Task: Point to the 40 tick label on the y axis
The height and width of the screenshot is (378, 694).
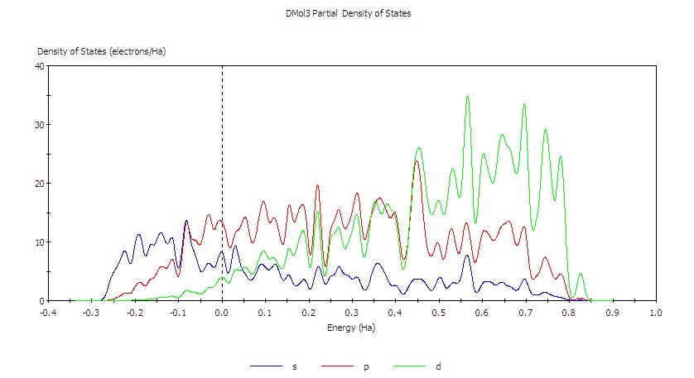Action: coord(38,66)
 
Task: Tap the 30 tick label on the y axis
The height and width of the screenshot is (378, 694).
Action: coord(38,125)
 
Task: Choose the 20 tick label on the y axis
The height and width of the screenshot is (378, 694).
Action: coord(38,184)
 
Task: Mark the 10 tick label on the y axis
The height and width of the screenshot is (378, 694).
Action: coord(38,242)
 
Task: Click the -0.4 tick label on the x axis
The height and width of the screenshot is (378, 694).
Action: coord(49,313)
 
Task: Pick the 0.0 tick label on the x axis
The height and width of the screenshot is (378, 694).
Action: coord(222,313)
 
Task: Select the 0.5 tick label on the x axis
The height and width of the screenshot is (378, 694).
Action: coord(439,313)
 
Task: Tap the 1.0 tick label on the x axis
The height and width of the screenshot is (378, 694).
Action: coord(656,313)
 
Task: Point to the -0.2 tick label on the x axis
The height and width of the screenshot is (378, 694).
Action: coord(135,313)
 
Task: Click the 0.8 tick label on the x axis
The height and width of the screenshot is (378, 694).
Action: coord(569,313)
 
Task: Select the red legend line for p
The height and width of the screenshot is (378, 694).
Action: coord(340,366)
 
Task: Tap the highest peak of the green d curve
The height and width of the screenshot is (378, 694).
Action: coord(467,96)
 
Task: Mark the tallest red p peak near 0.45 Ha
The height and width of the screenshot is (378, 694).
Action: coord(416,161)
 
